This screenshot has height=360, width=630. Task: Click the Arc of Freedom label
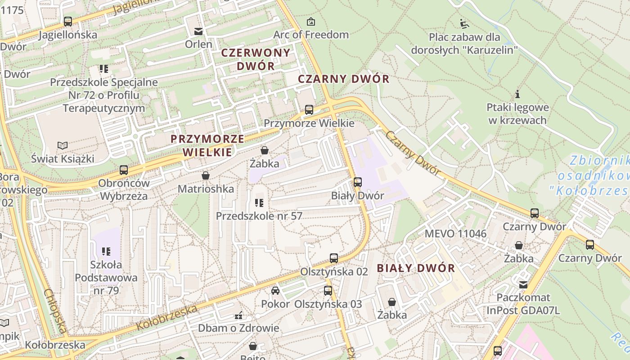[311, 35]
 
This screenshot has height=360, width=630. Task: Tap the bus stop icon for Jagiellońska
[68, 21]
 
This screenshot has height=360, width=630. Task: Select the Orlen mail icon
[198, 31]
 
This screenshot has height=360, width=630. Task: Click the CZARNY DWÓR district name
[343, 79]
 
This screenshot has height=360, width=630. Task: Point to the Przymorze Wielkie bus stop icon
[309, 109]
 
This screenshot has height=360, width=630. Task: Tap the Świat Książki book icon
[63, 145]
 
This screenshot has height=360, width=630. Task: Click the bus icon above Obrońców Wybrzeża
[124, 170]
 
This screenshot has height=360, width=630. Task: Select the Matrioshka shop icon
[206, 175]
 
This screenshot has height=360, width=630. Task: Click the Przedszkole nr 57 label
[259, 216]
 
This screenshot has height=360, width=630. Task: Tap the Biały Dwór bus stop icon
[358, 182]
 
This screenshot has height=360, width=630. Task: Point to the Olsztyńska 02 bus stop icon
[333, 258]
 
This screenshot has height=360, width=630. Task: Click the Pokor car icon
[275, 291]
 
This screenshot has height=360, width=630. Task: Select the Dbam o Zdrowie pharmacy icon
[238, 315]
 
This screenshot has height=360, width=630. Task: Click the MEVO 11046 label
[455, 234]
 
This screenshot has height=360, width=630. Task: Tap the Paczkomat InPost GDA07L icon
[523, 284]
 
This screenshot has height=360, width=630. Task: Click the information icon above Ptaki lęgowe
[517, 94]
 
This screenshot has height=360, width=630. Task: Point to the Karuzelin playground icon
[464, 23]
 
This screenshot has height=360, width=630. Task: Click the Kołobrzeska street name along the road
[167, 318]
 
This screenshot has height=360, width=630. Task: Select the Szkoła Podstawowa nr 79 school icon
[106, 251]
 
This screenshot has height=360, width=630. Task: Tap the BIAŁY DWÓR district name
[416, 269]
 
